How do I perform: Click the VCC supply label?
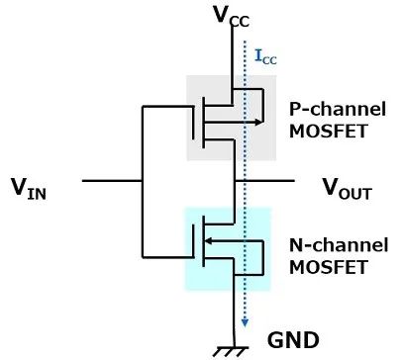[231, 17]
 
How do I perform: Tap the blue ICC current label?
[265, 56]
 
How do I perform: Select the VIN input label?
[29, 189]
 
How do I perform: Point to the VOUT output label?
[348, 189]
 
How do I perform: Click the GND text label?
[293, 340]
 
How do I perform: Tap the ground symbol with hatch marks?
[233, 351]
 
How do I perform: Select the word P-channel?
[338, 109]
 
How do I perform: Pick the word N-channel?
[339, 245]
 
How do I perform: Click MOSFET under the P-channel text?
[328, 131]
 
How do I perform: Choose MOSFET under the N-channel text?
[328, 267]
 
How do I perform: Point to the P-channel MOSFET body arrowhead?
[259, 122]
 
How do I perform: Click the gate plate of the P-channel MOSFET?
[193, 123]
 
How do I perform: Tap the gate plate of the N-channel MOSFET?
[193, 240]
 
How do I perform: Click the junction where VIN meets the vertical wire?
[143, 181]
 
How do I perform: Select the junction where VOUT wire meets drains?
[235, 181]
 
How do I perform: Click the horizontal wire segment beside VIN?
[112, 181]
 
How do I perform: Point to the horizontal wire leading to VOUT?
[264, 181]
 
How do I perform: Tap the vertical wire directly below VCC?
[233, 56]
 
